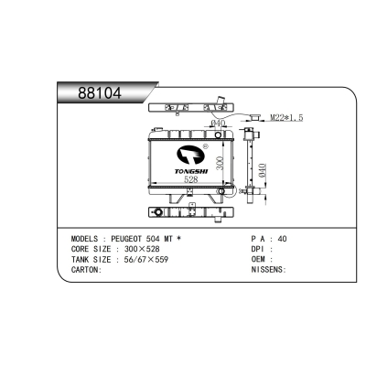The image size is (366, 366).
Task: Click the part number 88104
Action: coord(100,92)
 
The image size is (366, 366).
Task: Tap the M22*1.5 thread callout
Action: coord(286,117)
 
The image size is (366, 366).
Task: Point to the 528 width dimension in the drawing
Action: coord(191,179)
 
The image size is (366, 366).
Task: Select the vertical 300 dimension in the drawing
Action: coord(220,163)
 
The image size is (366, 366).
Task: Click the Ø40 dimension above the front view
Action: coord(218,124)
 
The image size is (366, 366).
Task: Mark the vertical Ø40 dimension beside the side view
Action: coord(263,171)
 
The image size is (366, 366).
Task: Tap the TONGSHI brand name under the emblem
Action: coord(191,172)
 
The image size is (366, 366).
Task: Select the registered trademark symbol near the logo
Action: coord(205,146)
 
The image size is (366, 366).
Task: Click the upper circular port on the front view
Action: coord(218,135)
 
